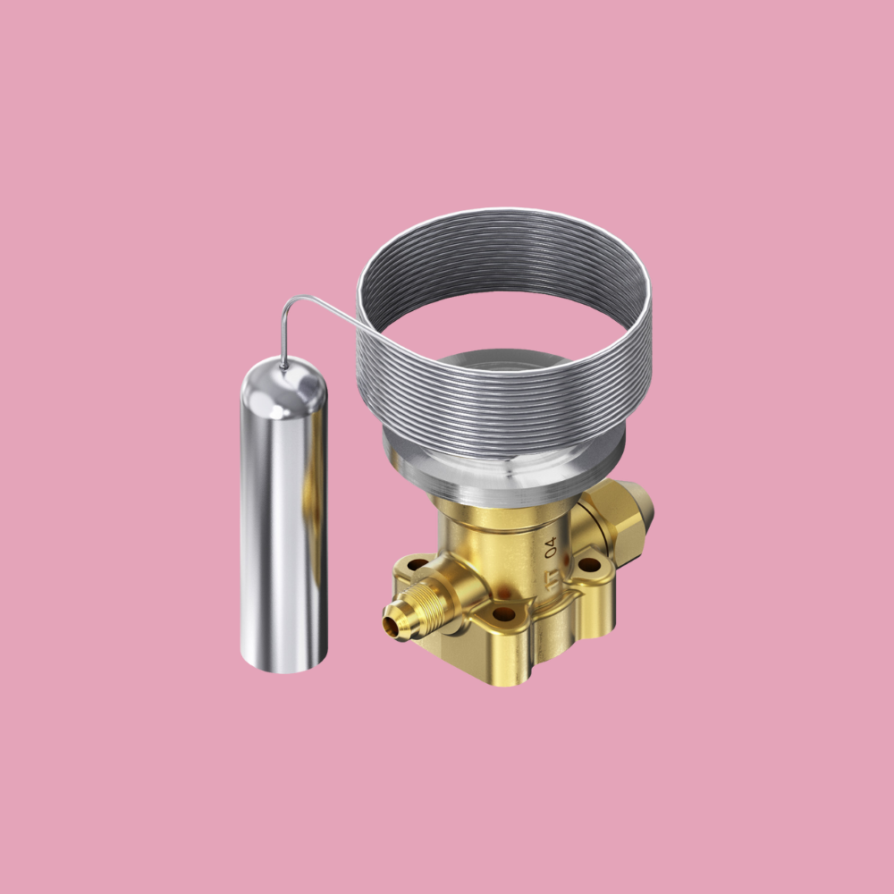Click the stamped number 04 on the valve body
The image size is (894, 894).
pos(551,544)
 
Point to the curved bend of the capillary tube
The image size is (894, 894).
pos(289,308)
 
